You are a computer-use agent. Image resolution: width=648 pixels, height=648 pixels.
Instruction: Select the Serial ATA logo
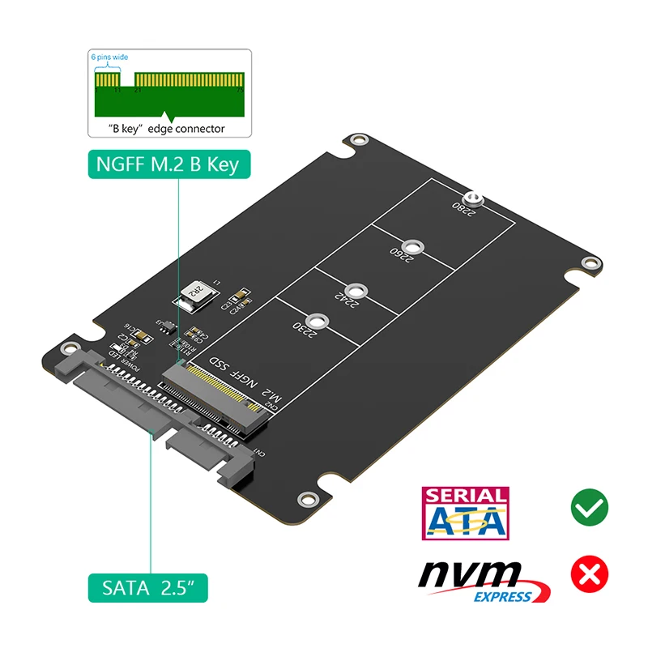pos(466,513)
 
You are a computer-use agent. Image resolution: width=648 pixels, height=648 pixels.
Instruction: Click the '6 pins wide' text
pos(109,58)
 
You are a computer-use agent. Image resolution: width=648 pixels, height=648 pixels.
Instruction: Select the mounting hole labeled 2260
pos(413,246)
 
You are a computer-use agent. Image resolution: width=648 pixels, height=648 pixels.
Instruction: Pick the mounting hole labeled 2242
pos(355,291)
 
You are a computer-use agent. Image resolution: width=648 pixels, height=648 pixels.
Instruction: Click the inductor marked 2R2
pos(194,292)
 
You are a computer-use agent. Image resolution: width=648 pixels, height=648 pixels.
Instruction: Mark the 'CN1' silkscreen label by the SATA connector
pos(259,454)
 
